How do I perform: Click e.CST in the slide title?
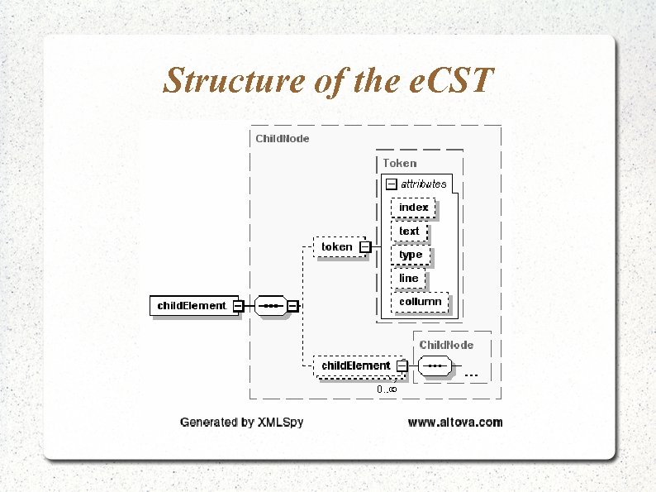coord(452,81)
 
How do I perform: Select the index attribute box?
coord(413,207)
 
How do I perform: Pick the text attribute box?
coord(409,231)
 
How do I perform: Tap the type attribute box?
coord(411,255)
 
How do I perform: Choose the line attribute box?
coord(408,279)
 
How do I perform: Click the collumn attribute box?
coord(420,302)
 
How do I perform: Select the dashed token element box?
coord(336,246)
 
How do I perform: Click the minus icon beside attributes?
coord(391,184)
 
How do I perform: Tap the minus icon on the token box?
coord(364,246)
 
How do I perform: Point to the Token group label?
coord(399,163)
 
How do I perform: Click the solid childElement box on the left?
coord(192,305)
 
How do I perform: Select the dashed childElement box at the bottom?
coord(355,365)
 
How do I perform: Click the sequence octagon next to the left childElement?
coord(269,305)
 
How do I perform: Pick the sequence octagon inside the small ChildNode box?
coord(436,365)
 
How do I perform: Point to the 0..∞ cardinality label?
coord(387,389)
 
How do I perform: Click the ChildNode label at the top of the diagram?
coord(283,138)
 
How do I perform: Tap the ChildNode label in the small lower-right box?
coord(446,343)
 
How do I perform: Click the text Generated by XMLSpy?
coord(241,422)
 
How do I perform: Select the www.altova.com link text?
coord(454,422)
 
